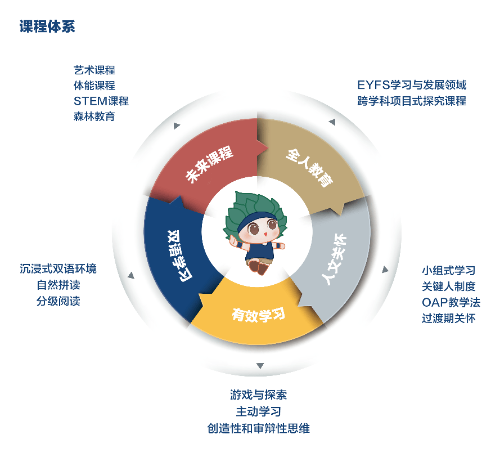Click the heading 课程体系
[x=47, y=26]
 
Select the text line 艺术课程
[x=94, y=70]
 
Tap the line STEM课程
[x=101, y=101]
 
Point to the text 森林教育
[x=94, y=117]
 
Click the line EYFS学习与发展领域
[x=412, y=85]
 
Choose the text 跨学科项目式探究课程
[x=412, y=101]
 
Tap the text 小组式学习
[x=449, y=271]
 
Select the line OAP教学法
[x=451, y=303]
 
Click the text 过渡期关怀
[x=449, y=319]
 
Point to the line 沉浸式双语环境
[x=58, y=268]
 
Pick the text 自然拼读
[x=58, y=285]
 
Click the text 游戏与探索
[x=259, y=395]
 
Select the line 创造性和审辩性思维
[x=259, y=428]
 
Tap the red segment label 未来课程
[x=209, y=164]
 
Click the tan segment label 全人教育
[x=309, y=167]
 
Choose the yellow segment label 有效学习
[x=259, y=315]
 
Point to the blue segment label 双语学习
[x=180, y=256]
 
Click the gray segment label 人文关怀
[x=334, y=259]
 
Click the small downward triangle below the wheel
[x=260, y=365]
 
